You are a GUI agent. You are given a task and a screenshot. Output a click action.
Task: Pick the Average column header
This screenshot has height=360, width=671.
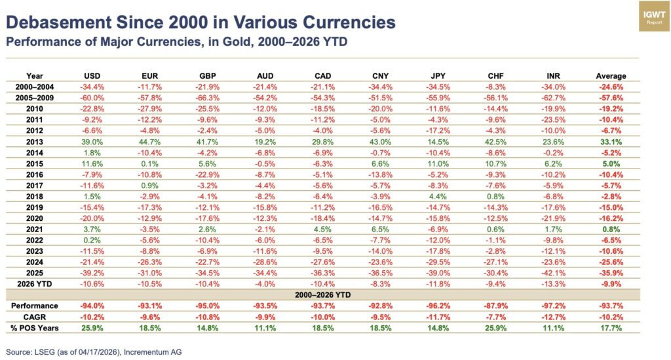pos(611,75)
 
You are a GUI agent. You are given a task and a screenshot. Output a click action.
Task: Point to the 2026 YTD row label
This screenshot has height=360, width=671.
pos(34,283)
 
